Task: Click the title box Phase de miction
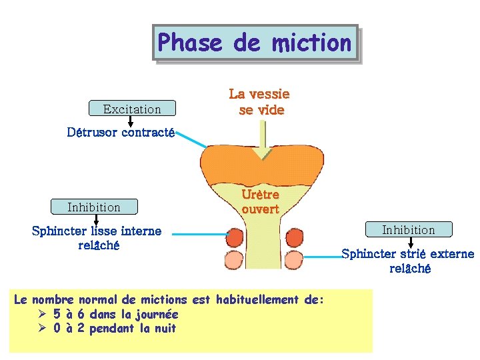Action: tap(255, 43)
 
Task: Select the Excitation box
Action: tap(132, 109)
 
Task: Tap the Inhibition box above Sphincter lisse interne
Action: tap(94, 207)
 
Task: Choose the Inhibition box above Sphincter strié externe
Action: tap(408, 230)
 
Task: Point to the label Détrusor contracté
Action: tap(121, 133)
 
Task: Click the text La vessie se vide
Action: tap(260, 102)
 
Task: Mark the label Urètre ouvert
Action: tap(260, 201)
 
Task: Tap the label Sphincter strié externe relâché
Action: tap(408, 261)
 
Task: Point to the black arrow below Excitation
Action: tap(131, 121)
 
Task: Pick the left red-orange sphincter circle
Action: tap(235, 237)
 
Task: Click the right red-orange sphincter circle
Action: tap(294, 237)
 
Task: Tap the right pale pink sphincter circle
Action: tap(294, 260)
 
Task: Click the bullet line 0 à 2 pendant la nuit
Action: tap(114, 328)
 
